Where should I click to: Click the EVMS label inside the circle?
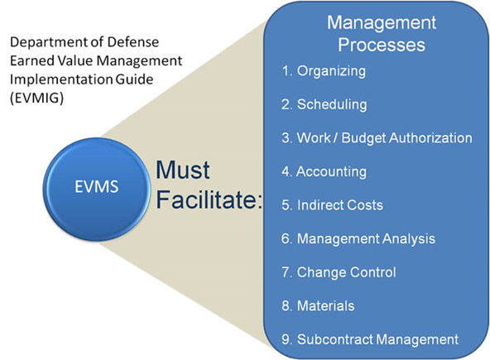pos(97,186)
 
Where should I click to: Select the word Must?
pos(183,170)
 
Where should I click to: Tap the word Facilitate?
pos(209,199)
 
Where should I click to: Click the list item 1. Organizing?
pos(324,71)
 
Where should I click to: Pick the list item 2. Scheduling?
pos(324,104)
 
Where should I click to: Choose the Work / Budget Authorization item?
pos(377,138)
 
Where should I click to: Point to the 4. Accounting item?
pos(324,172)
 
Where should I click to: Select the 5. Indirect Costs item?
pos(332,205)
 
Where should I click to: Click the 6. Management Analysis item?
pos(358,239)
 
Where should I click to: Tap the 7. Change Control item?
pos(339,272)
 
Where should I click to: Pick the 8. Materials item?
pos(318,305)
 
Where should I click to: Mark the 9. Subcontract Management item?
pos(370,339)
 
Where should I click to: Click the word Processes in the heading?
pos(382,45)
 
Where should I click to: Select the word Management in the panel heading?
pos(382,23)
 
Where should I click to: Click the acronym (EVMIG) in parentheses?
pos(37,98)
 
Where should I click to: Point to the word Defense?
pos(133,42)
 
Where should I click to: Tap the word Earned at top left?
pos(28,60)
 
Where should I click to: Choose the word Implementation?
pos(61,79)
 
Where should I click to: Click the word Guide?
pos(134,79)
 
